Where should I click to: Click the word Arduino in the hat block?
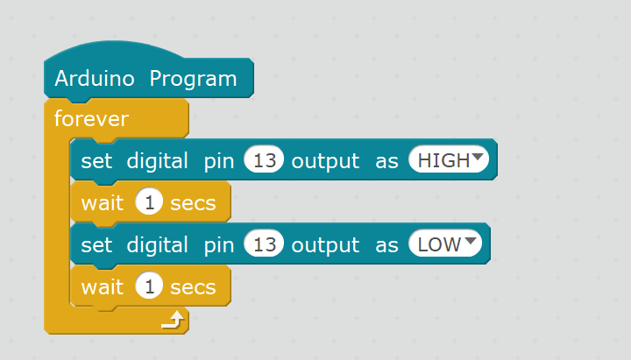(95, 79)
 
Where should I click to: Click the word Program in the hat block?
(193, 79)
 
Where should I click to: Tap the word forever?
(91, 118)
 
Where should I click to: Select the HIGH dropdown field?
(444, 161)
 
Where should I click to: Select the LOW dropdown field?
(439, 244)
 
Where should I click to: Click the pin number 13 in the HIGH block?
(265, 161)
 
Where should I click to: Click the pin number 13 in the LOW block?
(265, 244)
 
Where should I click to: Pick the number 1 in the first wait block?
(148, 203)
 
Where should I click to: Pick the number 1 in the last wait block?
(148, 286)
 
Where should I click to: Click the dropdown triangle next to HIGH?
(478, 159)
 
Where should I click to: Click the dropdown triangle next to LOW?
(471, 242)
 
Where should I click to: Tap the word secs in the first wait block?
(193, 203)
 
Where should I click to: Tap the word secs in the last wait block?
(193, 286)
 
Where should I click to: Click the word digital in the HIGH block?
(158, 161)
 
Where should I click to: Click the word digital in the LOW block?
(158, 244)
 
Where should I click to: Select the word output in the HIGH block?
(325, 161)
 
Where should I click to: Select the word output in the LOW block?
(325, 244)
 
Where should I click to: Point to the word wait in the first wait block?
(102, 203)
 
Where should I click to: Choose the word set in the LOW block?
(96, 244)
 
